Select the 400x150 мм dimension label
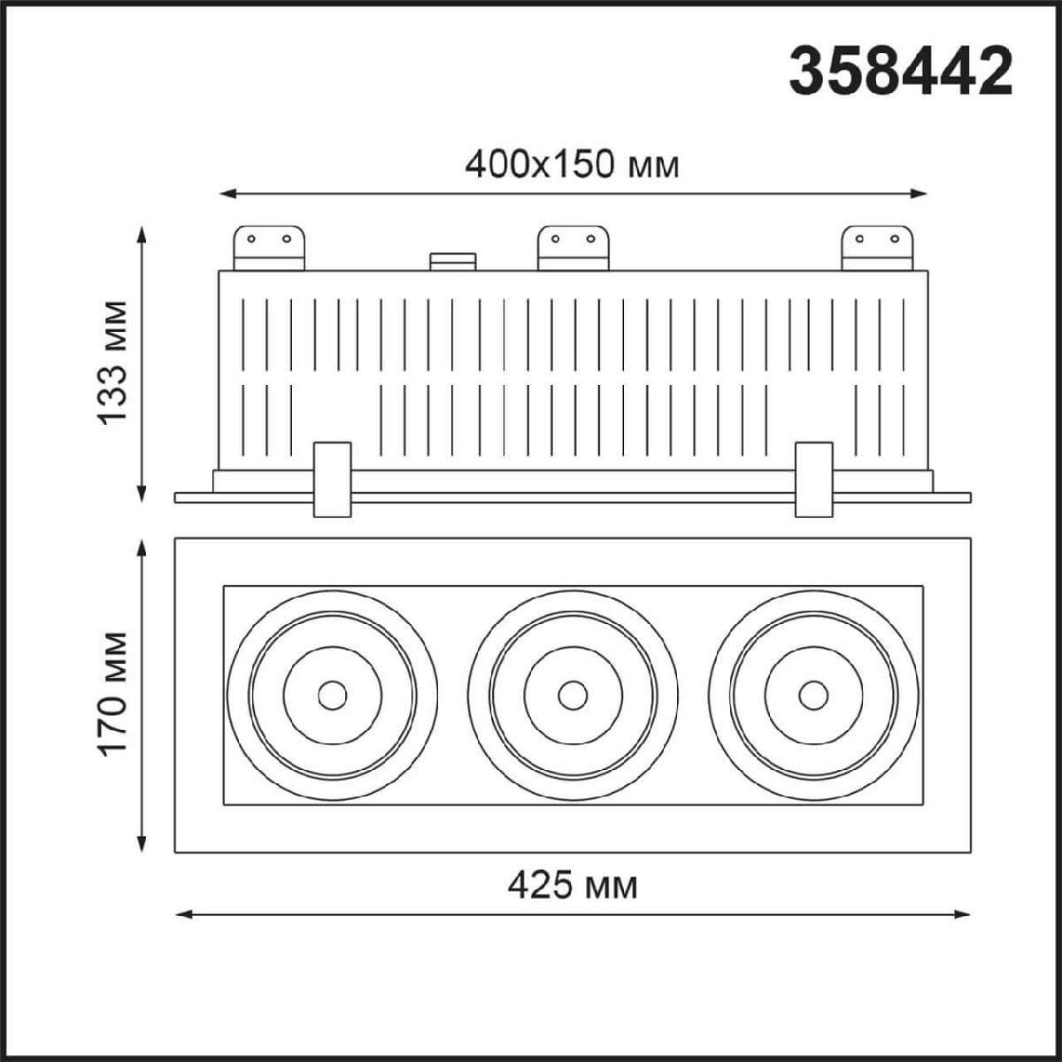572,164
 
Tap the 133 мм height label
112,362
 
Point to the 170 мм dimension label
112,693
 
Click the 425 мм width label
573,884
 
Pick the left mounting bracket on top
268,248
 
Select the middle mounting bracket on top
573,248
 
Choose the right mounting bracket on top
876,248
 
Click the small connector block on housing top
452,261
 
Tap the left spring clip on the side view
332,479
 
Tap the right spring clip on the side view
813,479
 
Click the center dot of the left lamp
332,696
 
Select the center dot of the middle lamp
573,696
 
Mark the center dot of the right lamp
812,696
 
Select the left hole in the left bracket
250,238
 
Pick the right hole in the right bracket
895,238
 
